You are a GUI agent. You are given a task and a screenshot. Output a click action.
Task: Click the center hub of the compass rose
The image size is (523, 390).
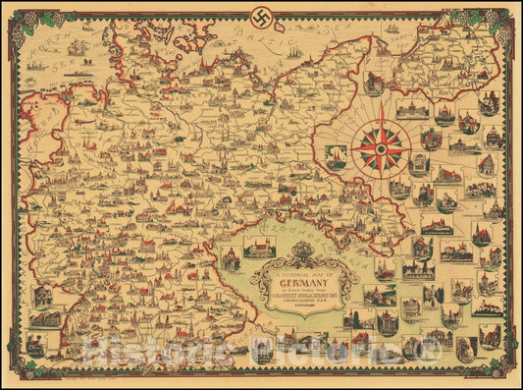click(379, 147)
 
